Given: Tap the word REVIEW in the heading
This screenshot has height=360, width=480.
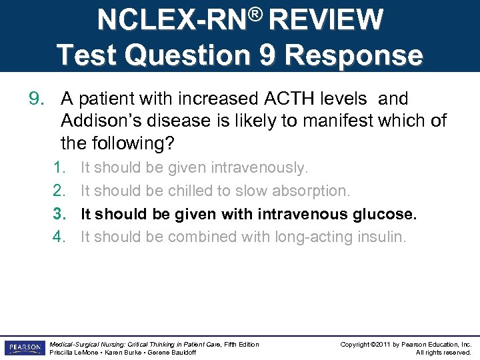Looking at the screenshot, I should (326, 20).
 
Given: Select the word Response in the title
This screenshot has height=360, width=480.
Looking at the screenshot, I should (357, 55).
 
